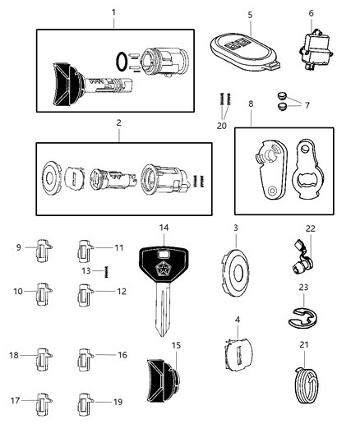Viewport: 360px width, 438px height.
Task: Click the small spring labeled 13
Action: tap(104, 271)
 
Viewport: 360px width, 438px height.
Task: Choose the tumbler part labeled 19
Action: tap(85, 404)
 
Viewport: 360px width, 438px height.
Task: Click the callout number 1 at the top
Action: tap(113, 12)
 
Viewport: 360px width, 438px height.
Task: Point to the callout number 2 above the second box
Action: tap(118, 122)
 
